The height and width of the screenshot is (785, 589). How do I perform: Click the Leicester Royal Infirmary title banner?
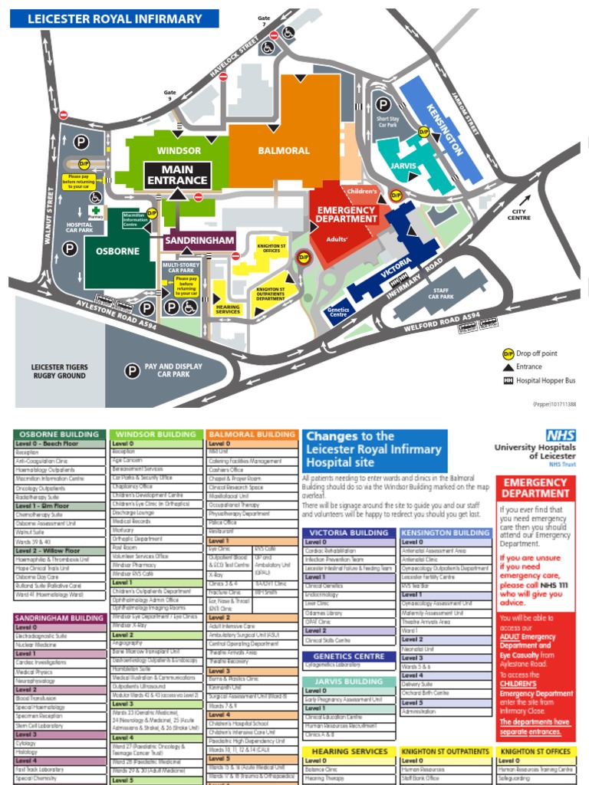tap(114, 18)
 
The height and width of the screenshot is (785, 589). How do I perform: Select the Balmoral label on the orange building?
tap(284, 150)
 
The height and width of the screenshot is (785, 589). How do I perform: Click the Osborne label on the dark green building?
tap(117, 251)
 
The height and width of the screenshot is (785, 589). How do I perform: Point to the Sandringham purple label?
tap(198, 241)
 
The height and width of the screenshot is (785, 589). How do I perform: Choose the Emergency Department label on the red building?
tap(347, 214)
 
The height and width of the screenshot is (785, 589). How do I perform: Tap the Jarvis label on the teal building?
tap(403, 166)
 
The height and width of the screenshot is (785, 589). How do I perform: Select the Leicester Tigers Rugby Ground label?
tap(58, 371)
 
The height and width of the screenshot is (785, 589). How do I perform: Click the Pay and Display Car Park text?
tap(173, 371)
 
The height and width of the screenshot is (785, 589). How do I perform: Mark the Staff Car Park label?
tap(441, 293)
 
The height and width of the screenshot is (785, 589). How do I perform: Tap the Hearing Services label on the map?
tap(228, 309)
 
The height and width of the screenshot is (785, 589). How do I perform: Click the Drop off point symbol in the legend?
tap(508, 353)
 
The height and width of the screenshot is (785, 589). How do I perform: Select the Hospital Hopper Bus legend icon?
tap(508, 380)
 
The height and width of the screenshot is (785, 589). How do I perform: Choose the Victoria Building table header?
tap(350, 532)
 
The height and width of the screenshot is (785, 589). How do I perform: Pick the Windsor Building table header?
tap(156, 434)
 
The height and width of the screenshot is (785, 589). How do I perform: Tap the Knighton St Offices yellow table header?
tap(535, 751)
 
